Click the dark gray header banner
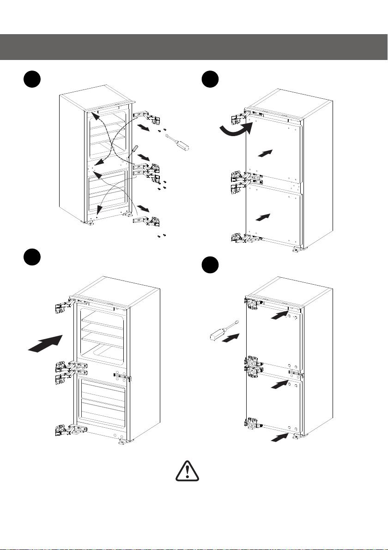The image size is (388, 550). click(x=194, y=47)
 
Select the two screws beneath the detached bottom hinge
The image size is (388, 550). click(x=161, y=236)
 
